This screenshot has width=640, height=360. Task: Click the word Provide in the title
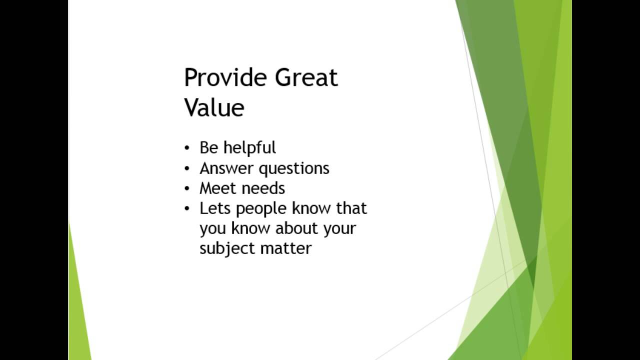pos(226,78)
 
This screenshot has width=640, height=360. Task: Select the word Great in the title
pos(306,78)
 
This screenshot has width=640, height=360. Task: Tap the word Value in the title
pos(214,108)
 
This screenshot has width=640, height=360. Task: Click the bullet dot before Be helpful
pos(187,148)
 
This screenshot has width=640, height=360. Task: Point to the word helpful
pos(249,148)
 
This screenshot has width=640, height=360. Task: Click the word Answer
pos(226,168)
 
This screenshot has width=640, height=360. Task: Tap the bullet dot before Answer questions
pos(187,169)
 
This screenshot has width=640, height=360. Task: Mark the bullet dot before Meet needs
pos(187,189)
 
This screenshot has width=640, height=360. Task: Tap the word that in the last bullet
pos(351,208)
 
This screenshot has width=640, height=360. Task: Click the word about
pos(297,228)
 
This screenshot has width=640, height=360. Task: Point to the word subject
pos(225,248)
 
